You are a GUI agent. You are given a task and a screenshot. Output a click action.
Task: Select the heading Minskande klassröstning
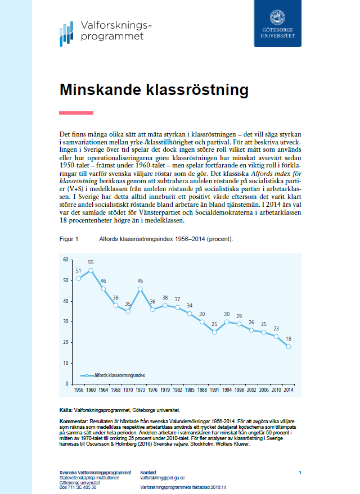[154, 89]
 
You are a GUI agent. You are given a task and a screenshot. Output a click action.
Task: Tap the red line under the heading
[76, 113]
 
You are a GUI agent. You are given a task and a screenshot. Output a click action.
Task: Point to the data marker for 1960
[91, 270]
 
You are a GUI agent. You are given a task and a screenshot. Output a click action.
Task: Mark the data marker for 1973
[140, 289]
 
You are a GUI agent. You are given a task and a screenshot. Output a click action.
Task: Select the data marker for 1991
[214, 332]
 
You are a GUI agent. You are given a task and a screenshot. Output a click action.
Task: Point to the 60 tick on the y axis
[65, 260]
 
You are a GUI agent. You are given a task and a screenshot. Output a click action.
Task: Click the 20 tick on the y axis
[65, 342]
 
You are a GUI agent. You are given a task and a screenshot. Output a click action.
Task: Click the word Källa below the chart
[66, 411]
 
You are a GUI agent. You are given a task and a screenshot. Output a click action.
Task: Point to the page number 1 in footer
[300, 472]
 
